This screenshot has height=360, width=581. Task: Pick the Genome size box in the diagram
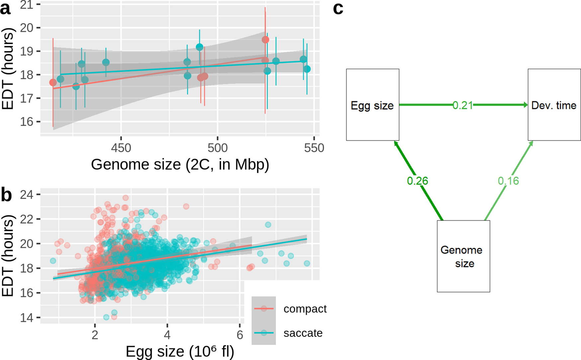(463, 256)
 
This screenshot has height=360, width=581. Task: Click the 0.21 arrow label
(463, 105)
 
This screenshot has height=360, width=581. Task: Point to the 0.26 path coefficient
(417, 181)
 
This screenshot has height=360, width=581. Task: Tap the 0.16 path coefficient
(508, 181)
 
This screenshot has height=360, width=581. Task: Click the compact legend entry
(305, 309)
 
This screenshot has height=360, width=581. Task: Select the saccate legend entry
(303, 333)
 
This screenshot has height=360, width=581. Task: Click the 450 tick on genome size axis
(121, 148)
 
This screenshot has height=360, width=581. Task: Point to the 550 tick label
(314, 148)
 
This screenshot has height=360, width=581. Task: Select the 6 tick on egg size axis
(240, 335)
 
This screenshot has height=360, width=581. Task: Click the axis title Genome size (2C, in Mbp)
(180, 164)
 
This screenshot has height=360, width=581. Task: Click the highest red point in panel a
(265, 40)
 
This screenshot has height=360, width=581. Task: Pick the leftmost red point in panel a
(53, 82)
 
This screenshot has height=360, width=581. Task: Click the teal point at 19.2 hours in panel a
(200, 47)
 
